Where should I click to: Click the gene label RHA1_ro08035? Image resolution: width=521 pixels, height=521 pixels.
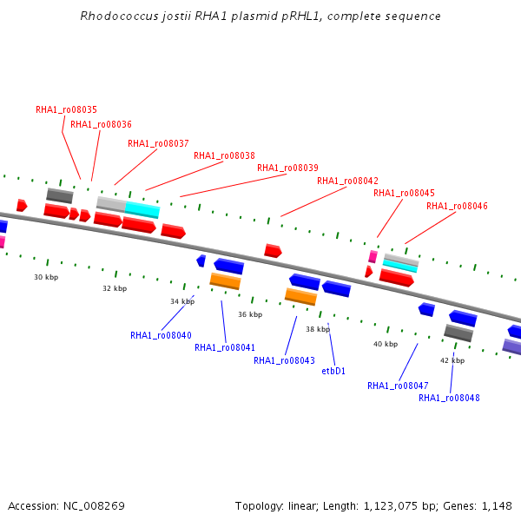[x=66, y=110]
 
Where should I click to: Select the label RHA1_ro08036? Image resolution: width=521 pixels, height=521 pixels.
[x=101, y=125]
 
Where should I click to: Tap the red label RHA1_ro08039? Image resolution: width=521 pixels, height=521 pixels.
[x=287, y=168]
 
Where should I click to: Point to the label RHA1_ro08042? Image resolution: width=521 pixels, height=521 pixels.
[x=347, y=181]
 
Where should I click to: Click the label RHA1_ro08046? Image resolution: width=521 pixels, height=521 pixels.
[x=457, y=207]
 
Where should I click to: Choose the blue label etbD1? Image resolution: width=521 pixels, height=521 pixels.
[x=333, y=371]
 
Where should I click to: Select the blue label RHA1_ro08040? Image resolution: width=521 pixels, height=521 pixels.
[x=161, y=335]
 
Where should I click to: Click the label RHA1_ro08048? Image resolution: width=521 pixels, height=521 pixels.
[x=449, y=398]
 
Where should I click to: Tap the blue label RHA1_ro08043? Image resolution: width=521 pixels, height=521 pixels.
[x=284, y=360]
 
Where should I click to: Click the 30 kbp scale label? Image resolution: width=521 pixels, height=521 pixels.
[x=46, y=277]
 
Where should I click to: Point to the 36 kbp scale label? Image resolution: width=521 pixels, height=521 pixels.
[x=250, y=314]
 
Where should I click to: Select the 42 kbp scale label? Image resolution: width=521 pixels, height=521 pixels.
[x=452, y=360]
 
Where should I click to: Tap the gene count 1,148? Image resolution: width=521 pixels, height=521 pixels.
[x=496, y=505]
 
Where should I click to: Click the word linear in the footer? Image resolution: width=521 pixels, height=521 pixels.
[x=305, y=505]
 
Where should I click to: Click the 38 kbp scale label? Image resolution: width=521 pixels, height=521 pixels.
[x=318, y=330]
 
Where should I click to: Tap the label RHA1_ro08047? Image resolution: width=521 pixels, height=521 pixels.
[x=398, y=386]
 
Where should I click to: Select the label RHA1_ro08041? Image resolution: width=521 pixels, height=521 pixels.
[x=225, y=347]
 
